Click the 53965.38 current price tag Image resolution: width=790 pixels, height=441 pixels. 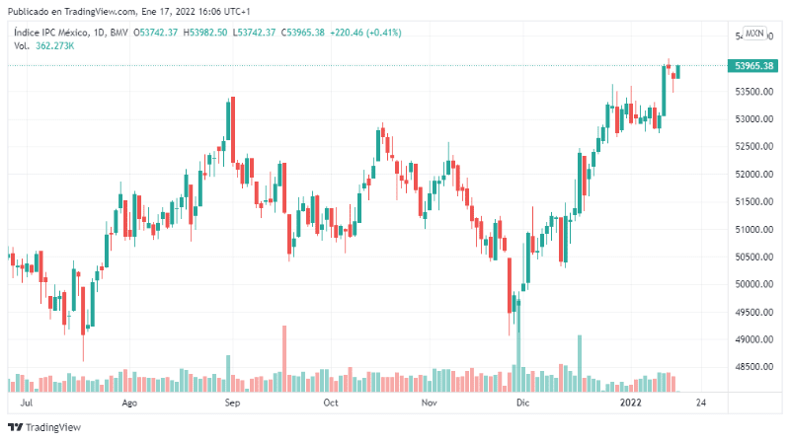pyautogui.click(x=752, y=65)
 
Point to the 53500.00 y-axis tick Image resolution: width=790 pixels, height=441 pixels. pyautogui.click(x=752, y=92)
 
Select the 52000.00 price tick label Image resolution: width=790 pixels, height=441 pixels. pyautogui.click(x=752, y=175)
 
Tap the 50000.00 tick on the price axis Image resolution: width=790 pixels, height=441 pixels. pyautogui.click(x=752, y=284)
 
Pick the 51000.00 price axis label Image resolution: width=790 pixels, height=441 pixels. pyautogui.click(x=752, y=230)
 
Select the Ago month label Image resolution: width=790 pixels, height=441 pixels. pyautogui.click(x=128, y=404)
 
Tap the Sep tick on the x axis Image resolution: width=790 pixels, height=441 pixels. pyautogui.click(x=232, y=404)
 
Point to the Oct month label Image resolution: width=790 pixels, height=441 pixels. pyautogui.click(x=331, y=404)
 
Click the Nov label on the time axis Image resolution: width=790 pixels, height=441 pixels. pyautogui.click(x=429, y=404)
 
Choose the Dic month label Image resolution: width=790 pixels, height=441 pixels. pyautogui.click(x=523, y=404)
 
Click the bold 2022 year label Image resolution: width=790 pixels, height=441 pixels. pyautogui.click(x=631, y=404)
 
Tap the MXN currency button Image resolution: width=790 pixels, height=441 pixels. pyautogui.click(x=754, y=34)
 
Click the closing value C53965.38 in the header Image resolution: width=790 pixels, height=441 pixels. pyautogui.click(x=303, y=33)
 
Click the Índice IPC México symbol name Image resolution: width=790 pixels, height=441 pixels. pyautogui.click(x=55, y=33)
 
